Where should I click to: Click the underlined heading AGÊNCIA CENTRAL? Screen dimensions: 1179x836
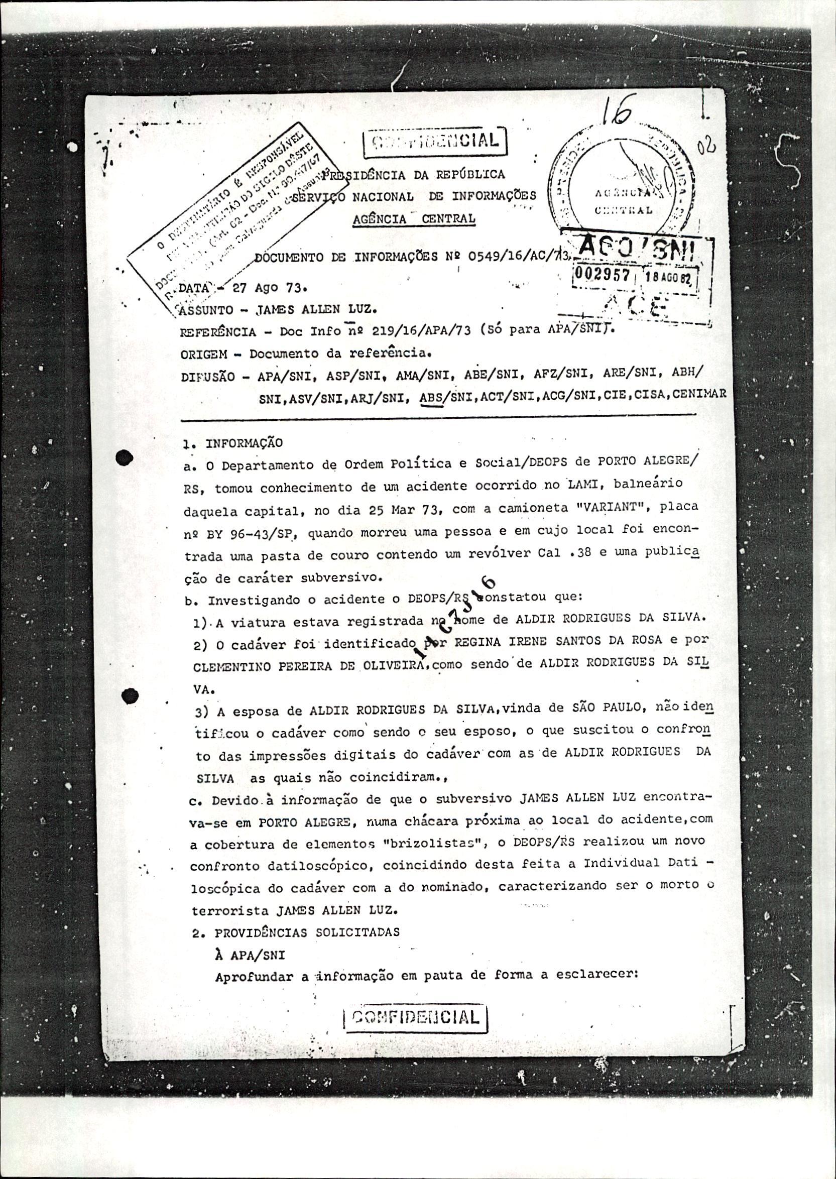click(x=414, y=218)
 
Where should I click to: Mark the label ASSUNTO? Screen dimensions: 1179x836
click(x=200, y=310)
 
